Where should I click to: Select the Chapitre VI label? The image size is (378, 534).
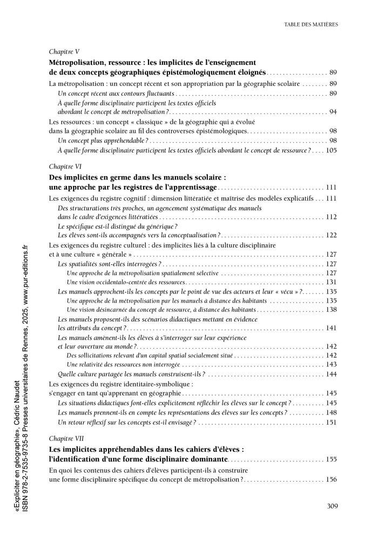65,166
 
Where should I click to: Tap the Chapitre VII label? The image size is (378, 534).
66,438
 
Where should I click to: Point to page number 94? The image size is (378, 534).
333,111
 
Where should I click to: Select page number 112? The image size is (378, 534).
331,217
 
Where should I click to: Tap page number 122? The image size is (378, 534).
331,235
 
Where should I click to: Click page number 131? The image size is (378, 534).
331,282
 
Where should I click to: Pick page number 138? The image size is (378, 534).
331,310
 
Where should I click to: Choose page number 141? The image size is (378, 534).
331,328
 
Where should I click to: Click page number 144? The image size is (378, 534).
331,374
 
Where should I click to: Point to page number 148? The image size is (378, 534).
331,412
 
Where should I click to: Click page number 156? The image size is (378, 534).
331,479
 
